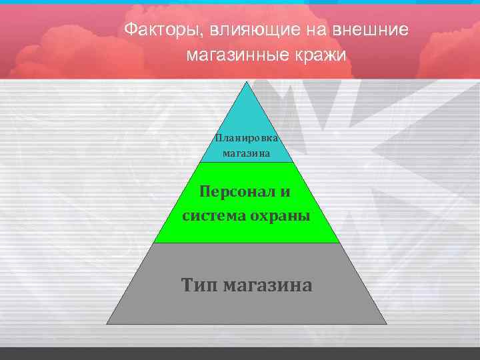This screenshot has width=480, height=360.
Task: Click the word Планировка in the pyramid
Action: [x=247, y=138]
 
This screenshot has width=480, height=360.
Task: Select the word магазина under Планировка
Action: [x=247, y=153]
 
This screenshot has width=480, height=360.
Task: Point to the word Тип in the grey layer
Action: [x=199, y=285]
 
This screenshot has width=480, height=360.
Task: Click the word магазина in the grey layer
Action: [x=268, y=285]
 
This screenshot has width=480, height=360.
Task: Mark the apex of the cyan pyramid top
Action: [x=247, y=82]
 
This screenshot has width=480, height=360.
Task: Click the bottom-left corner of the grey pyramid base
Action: [x=107, y=324]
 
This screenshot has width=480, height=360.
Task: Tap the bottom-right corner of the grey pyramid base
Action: [x=387, y=324]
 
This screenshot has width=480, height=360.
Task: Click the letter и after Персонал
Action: [x=285, y=192]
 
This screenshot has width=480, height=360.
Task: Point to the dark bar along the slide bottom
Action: [x=240, y=353]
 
